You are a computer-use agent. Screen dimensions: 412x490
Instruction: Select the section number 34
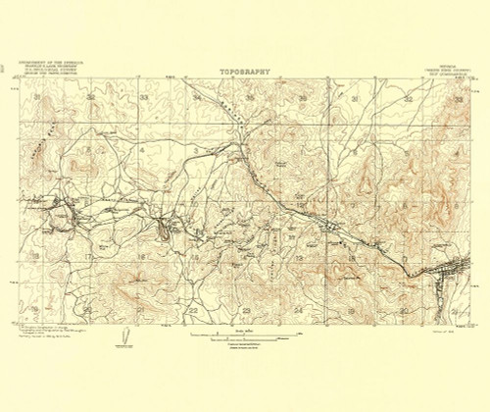[196, 98]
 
